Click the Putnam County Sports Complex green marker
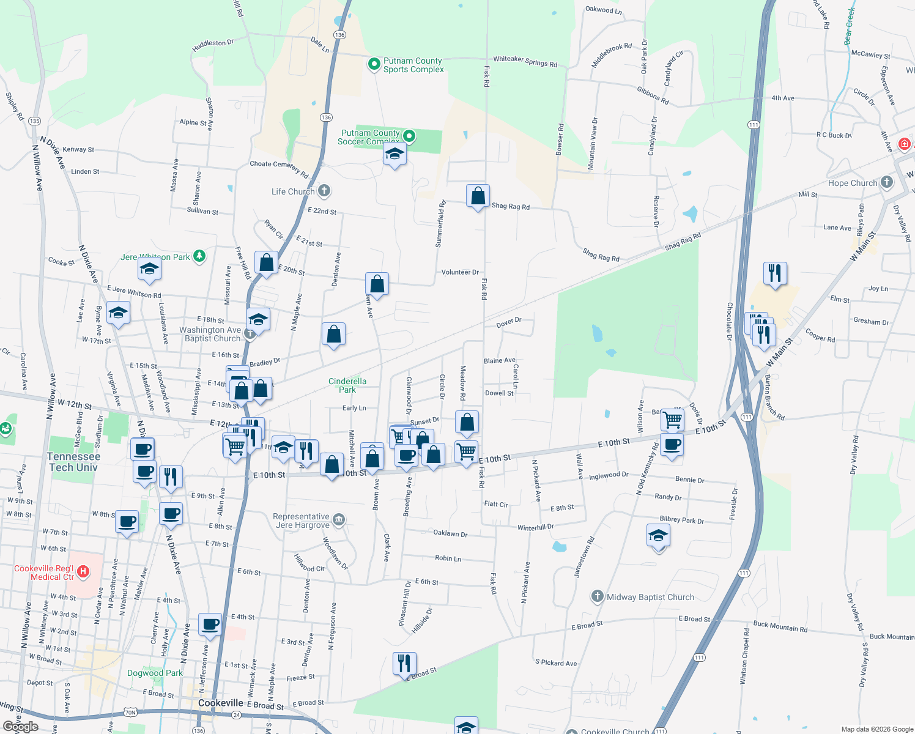pos(374,64)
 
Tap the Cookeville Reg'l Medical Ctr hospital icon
pos(83,572)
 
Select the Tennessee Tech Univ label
pos(73,462)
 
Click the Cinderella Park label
pos(347,385)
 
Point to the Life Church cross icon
pos(324,191)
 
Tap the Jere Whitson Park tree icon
pos(199,256)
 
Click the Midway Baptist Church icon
pos(598,596)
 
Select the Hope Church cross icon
pos(886,182)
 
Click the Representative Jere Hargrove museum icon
pos(339,521)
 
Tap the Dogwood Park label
pos(155,673)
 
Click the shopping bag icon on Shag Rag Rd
pos(478,197)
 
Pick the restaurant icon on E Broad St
pos(404,664)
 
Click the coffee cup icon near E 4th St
pos(210,625)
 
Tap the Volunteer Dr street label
pos(460,272)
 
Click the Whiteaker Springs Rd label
pos(525,61)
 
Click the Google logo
pos(20,727)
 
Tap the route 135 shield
pos(34,121)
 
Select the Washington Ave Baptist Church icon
pos(250,333)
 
